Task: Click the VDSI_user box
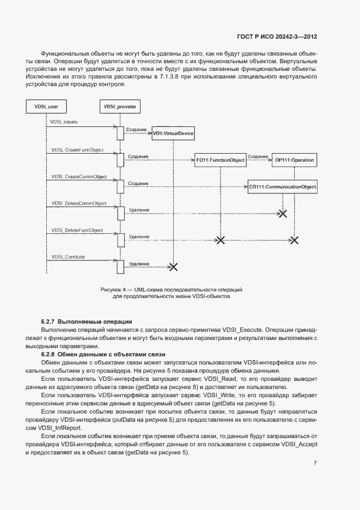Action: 46,107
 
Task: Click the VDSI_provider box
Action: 120,107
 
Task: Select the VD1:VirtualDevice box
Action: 173,133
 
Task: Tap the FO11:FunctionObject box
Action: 221,160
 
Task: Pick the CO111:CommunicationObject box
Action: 282,187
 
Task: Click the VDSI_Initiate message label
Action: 64,122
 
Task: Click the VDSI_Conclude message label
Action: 68,257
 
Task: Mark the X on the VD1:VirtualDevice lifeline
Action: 173,266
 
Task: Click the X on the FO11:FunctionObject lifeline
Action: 221,240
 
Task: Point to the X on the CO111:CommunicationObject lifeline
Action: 283,213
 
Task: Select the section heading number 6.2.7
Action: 49,321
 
